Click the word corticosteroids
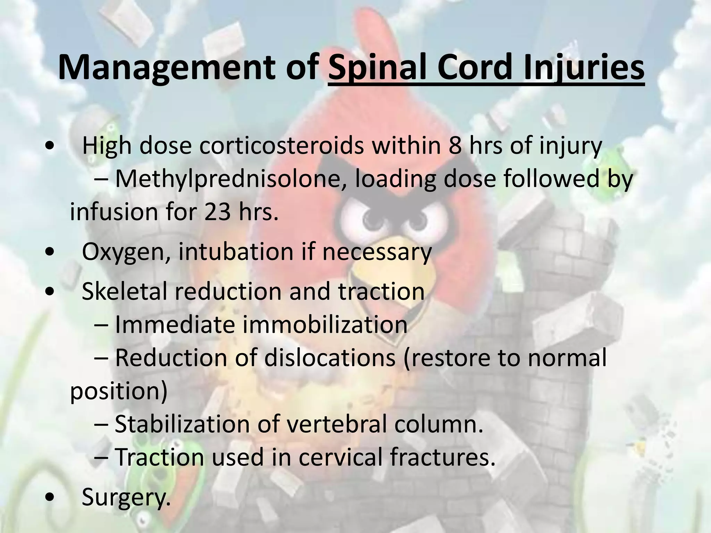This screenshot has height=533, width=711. coord(282,146)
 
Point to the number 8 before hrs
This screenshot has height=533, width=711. coord(455,146)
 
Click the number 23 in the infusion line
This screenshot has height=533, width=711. coord(217,212)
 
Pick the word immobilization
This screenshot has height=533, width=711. coord(325,325)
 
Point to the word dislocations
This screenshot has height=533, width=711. coord(330,358)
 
